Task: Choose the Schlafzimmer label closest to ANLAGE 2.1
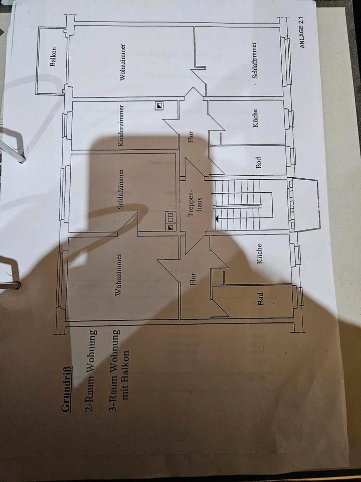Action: pyautogui.click(x=255, y=60)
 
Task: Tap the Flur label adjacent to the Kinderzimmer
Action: pyautogui.click(x=191, y=137)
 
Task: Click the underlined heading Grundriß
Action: pyautogui.click(x=66, y=390)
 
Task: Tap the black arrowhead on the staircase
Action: pyautogui.click(x=217, y=218)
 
